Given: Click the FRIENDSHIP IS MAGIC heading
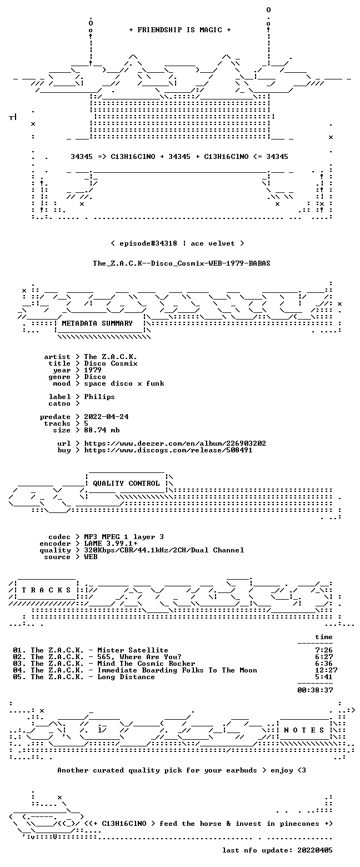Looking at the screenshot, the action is (x=180, y=30).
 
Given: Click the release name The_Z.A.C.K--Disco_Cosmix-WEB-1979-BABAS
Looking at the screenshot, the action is (x=182, y=263).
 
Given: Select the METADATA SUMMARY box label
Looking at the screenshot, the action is (x=97, y=323).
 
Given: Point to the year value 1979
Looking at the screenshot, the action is (x=93, y=370).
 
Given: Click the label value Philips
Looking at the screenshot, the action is (x=99, y=397).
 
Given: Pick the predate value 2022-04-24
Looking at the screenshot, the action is (x=107, y=417).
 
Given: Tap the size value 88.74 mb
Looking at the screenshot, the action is (x=102, y=430).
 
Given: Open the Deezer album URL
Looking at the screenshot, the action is (x=175, y=444).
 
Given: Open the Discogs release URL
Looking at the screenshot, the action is (x=168, y=450).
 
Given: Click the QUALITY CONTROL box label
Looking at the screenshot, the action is (x=126, y=484).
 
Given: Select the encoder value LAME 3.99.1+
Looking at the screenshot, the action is (x=111, y=544).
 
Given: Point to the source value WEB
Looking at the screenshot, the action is (x=91, y=557).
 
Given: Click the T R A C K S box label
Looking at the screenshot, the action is (x=47, y=590).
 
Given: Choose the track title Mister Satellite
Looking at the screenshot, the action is (x=133, y=650).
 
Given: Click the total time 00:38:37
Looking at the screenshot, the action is (x=315, y=690).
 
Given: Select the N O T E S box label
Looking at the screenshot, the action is (x=304, y=730).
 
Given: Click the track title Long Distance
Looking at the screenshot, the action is (x=126, y=677).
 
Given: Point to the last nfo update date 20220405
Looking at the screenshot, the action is (x=315, y=850).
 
